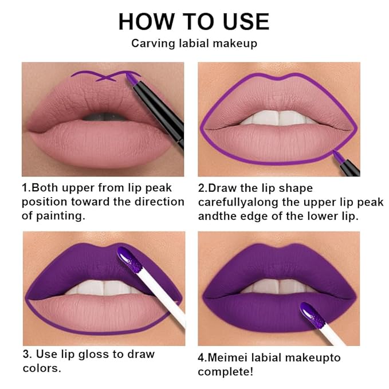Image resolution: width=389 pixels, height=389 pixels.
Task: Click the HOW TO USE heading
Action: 194,22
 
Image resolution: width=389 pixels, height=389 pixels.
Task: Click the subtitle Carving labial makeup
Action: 194,44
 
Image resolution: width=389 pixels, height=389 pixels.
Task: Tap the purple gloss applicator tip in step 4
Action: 312,315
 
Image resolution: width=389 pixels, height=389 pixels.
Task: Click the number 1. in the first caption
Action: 26,188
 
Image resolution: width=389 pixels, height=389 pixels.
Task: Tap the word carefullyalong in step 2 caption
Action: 241,203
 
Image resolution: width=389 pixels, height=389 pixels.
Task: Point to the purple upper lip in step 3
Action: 74,264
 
